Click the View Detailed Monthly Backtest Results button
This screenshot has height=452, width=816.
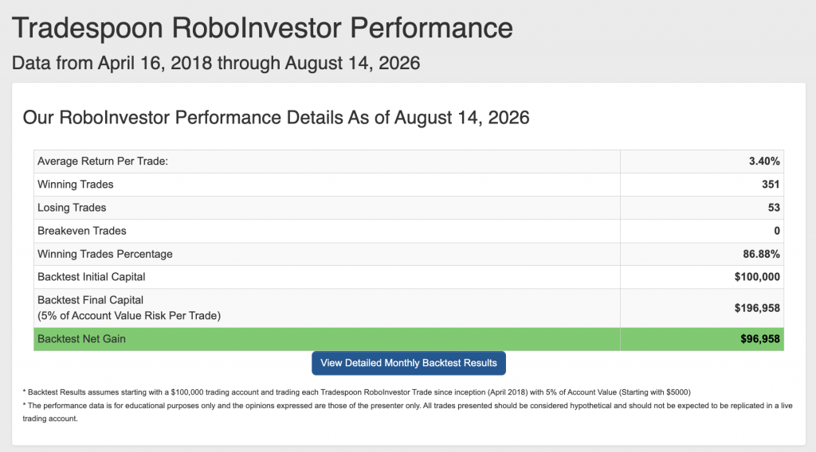409,363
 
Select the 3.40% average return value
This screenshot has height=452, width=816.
764,161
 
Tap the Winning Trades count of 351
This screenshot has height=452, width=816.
771,185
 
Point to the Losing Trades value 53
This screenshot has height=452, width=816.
774,207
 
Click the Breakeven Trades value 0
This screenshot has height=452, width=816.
777,231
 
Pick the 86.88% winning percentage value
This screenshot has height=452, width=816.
761,254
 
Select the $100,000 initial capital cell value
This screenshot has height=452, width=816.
757,277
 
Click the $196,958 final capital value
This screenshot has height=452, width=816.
757,308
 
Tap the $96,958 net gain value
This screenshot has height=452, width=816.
760,339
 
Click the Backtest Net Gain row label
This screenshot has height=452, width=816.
82,339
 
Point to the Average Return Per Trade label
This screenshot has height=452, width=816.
103,161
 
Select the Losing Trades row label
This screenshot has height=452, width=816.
72,207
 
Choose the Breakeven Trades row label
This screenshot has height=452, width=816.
82,231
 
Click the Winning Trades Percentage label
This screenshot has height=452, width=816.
105,254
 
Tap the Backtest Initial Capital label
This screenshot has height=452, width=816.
91,277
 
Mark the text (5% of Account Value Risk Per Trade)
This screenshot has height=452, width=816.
129,316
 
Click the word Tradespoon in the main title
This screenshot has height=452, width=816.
88,28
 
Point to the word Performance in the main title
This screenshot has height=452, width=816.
431,28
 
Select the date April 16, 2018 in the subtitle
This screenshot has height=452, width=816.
155,64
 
